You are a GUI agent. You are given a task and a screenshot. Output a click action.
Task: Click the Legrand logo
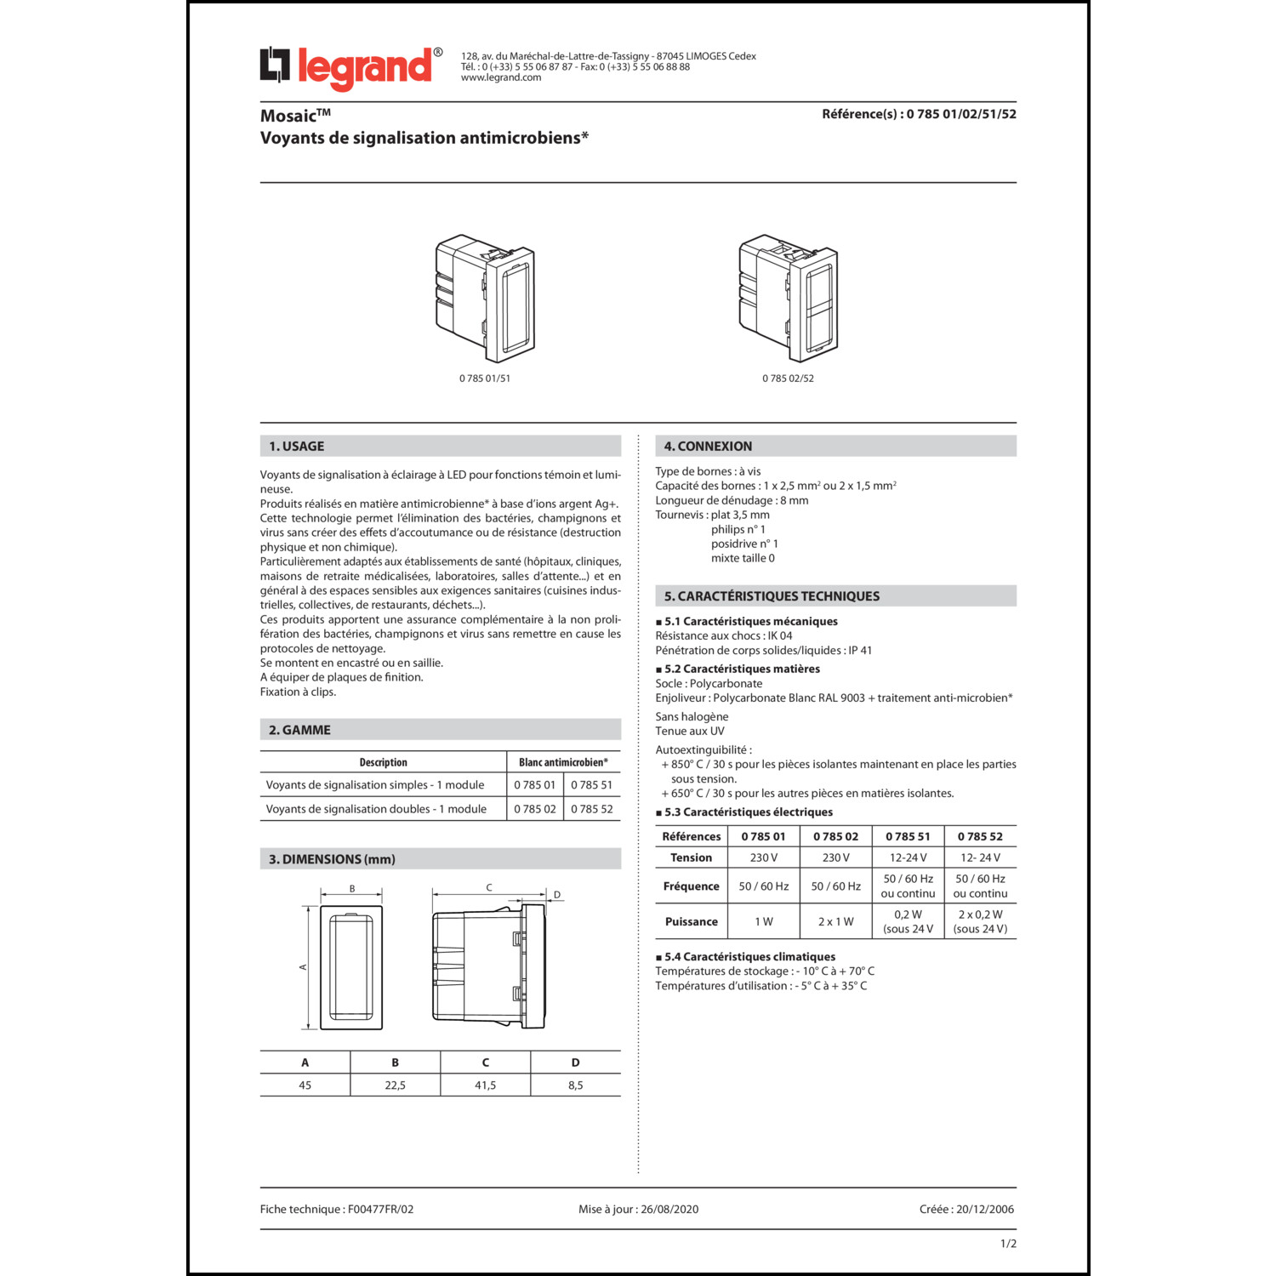coord(350,67)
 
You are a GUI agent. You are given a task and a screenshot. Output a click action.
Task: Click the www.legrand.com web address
coord(501,77)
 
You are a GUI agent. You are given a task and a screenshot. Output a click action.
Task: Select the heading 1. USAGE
coord(297,447)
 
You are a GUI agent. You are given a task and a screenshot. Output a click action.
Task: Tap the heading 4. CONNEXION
coord(708,447)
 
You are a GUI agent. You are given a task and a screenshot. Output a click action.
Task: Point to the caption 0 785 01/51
coord(485,379)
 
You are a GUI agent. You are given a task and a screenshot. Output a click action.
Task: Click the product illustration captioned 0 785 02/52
coord(789,298)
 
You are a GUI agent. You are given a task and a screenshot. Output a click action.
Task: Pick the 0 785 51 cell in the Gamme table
coord(591,785)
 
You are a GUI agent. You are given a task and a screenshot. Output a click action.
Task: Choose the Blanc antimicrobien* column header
coord(563,762)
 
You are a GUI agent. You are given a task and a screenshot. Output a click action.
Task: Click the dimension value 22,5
coord(395,1085)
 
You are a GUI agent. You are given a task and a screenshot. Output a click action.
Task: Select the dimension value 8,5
coord(575,1085)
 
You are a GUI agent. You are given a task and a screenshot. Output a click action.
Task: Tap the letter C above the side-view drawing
coord(489,888)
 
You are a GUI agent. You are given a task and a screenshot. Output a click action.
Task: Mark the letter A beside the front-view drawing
coord(303,967)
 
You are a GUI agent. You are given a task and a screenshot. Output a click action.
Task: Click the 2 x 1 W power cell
coord(835,922)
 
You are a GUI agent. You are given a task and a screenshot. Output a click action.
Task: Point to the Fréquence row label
coord(691,886)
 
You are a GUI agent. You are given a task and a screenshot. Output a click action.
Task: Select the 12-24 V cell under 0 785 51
coord(908,858)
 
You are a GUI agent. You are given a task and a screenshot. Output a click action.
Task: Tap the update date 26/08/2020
coord(669,1210)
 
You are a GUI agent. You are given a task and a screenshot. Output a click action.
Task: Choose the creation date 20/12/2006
coord(985,1210)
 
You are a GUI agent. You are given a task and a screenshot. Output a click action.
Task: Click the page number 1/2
coord(1008,1244)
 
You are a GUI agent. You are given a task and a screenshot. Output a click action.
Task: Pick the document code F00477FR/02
coord(380,1210)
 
